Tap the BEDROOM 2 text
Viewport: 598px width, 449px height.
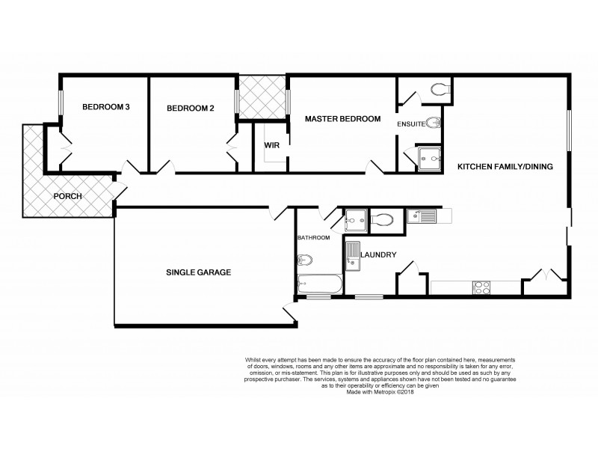click(190, 109)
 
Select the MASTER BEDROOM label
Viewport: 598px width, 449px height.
click(341, 118)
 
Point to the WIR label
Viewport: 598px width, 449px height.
click(271, 145)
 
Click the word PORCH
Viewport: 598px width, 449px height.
click(67, 196)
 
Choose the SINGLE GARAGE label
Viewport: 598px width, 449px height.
click(198, 272)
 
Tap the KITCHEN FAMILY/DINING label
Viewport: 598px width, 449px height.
click(505, 166)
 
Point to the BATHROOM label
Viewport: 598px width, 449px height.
click(312, 238)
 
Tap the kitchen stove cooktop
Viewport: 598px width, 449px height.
click(480, 286)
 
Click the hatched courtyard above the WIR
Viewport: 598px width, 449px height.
click(262, 97)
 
